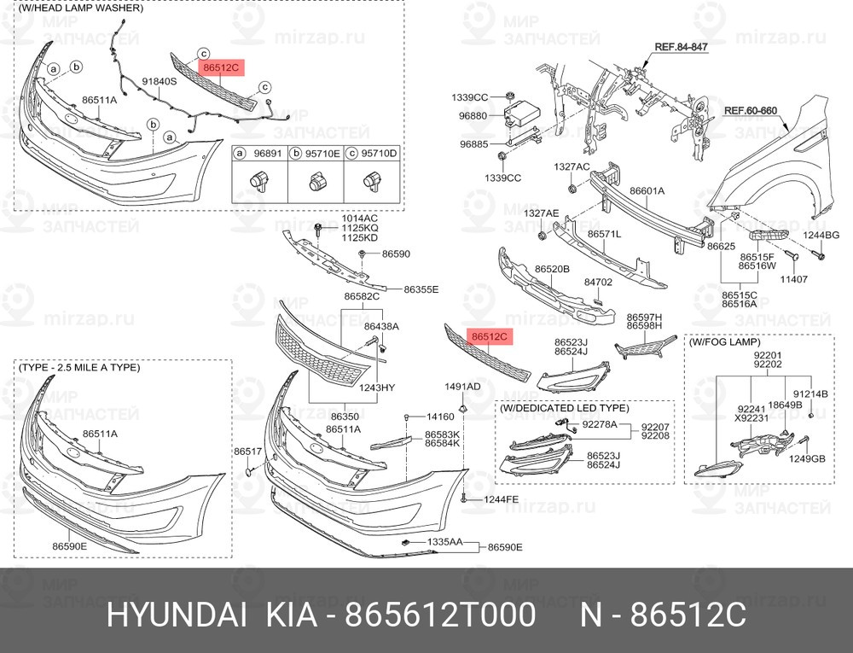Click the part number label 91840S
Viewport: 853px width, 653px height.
(x=160, y=82)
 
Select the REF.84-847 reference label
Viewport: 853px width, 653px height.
(x=681, y=47)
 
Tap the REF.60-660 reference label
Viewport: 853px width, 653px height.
(x=750, y=110)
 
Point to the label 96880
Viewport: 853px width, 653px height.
(x=473, y=116)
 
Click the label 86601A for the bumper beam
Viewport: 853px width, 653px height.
(x=647, y=191)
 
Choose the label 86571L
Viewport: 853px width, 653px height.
(x=605, y=234)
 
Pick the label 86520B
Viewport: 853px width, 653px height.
(x=552, y=269)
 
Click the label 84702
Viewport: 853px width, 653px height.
(x=598, y=283)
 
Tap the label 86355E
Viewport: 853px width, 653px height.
(x=421, y=289)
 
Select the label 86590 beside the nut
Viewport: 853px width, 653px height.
(x=396, y=254)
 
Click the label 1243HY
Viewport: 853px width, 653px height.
(x=376, y=388)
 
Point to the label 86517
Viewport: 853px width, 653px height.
(x=248, y=451)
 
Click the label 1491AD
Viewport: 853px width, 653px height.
(x=462, y=387)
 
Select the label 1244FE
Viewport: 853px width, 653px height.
(x=501, y=499)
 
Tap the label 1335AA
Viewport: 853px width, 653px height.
(x=444, y=542)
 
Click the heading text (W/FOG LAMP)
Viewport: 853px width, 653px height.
(x=724, y=342)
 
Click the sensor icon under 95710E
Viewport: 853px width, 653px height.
(x=316, y=183)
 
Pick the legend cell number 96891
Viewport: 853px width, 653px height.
(x=268, y=154)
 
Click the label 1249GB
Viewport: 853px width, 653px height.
(x=807, y=458)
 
